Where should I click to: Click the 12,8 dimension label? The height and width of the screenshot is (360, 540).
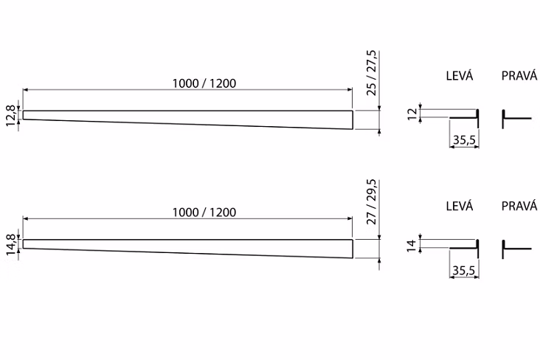11,115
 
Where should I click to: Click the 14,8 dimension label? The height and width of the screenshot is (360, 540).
11,245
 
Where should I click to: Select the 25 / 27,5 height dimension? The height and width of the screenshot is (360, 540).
372,73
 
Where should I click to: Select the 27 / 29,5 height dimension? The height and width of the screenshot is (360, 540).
372,202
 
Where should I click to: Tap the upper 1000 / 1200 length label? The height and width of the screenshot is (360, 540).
204,83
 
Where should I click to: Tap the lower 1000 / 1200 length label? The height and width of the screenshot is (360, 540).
204,212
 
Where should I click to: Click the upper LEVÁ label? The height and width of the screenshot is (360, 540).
460,75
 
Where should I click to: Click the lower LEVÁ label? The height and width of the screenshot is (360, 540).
460,206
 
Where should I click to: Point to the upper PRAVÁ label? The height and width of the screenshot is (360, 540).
519,75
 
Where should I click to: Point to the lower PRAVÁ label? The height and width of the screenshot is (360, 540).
519,206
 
